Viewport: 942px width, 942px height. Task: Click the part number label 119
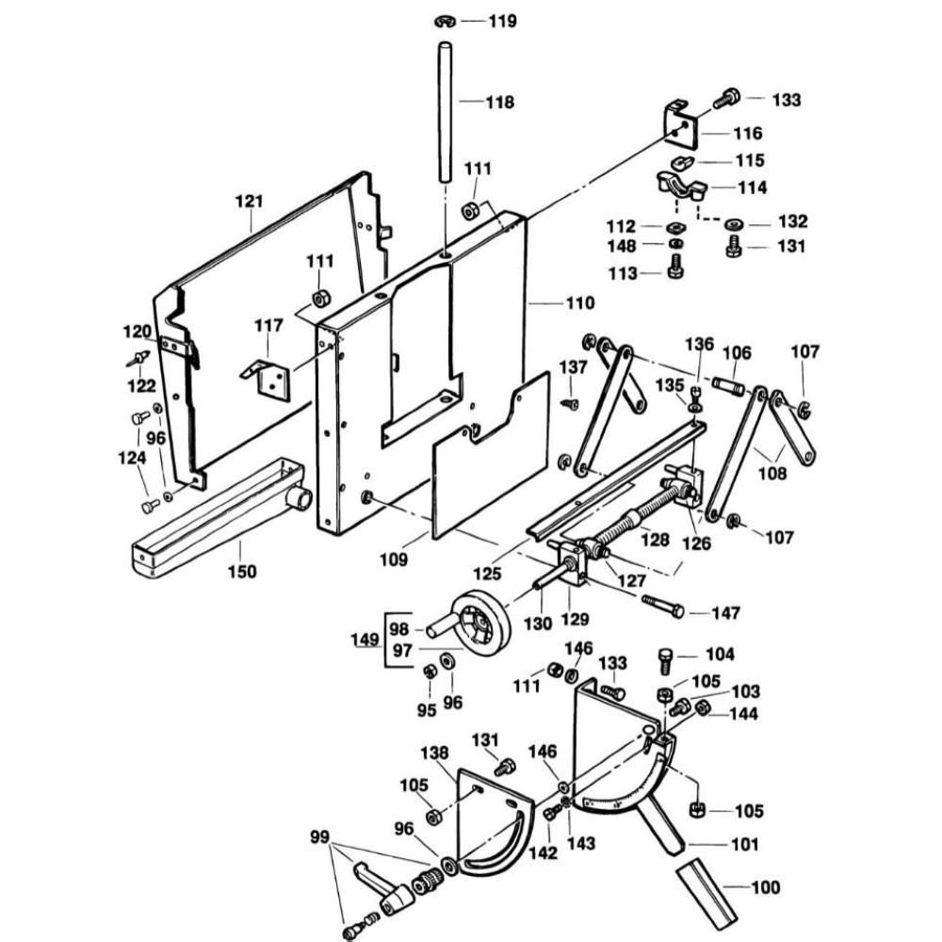(x=502, y=21)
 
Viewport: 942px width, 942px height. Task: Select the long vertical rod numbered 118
(x=446, y=112)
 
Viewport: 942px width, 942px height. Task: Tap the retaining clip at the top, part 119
(x=445, y=22)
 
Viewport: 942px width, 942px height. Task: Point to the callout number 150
(x=242, y=571)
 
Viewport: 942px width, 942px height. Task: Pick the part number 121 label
(x=250, y=201)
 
